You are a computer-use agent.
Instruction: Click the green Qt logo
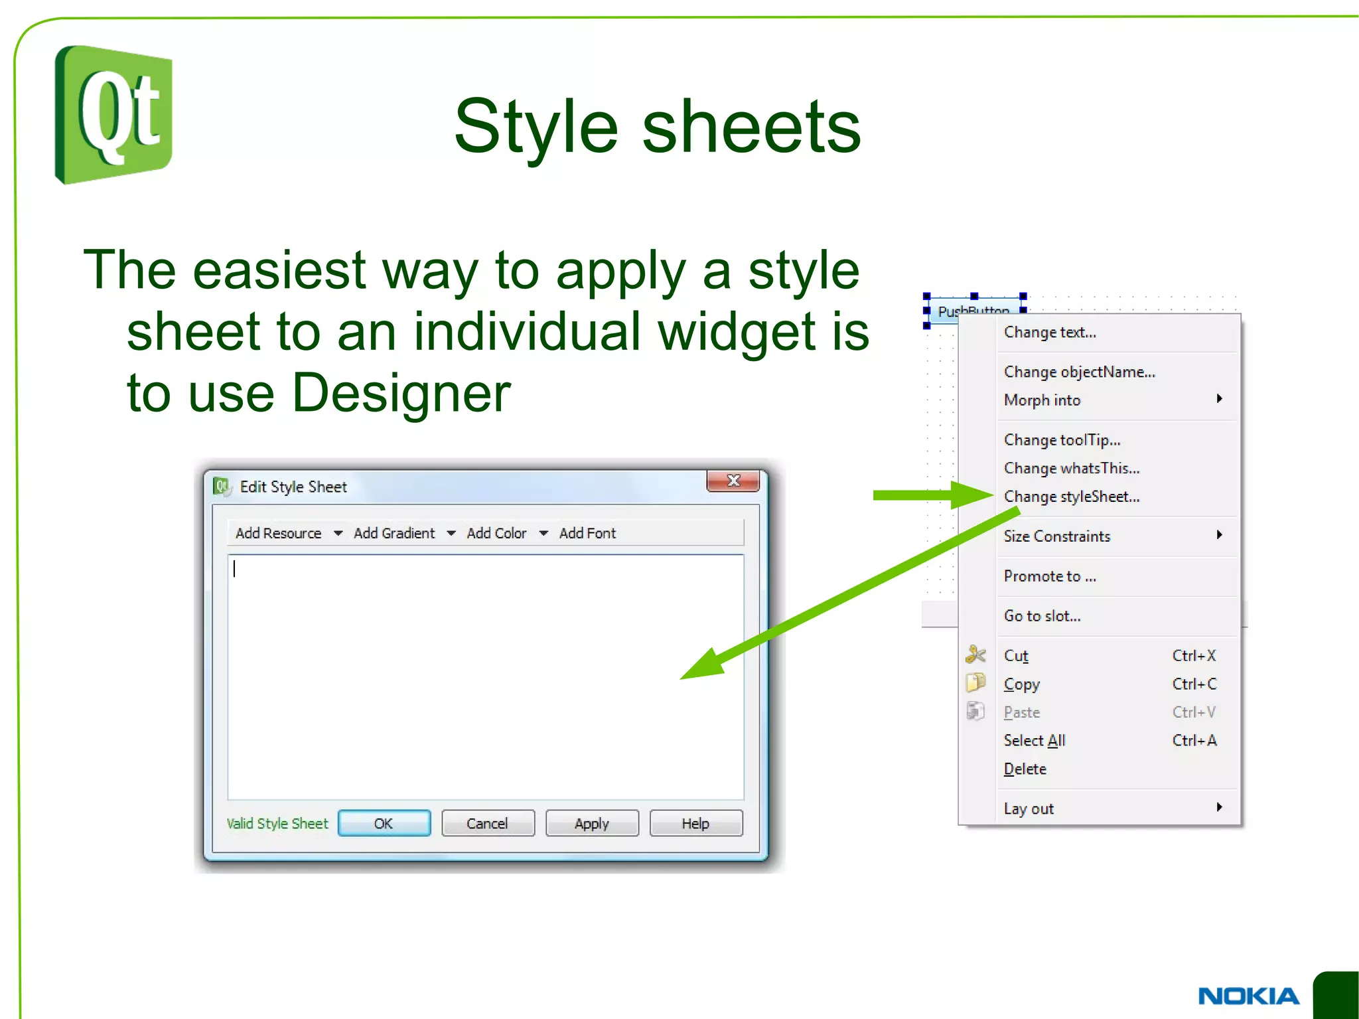coord(113,115)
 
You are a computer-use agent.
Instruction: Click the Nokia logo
coord(1248,996)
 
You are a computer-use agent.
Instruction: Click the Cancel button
coord(488,823)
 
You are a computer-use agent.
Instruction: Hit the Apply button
coord(592,823)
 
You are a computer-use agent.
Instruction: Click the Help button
coord(695,823)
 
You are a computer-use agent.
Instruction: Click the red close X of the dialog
coord(733,481)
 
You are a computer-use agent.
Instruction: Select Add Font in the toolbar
coord(587,533)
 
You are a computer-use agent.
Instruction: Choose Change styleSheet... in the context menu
coord(1072,497)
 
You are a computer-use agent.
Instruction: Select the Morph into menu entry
coord(1042,400)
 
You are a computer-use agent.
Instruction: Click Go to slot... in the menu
coord(1042,616)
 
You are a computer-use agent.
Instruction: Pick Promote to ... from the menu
coord(1050,576)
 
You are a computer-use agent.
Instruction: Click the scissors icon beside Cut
coord(975,655)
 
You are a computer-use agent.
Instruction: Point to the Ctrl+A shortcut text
coord(1194,740)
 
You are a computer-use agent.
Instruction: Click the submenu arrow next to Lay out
coord(1219,807)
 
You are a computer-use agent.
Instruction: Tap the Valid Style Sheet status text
coord(277,823)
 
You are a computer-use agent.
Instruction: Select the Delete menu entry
coord(1025,769)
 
